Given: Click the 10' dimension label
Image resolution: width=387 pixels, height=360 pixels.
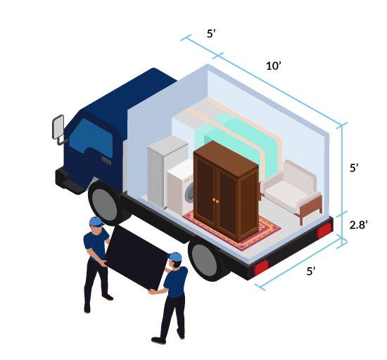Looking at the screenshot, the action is click(274, 66).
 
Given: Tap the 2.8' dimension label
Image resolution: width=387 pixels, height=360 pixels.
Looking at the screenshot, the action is click(358, 225).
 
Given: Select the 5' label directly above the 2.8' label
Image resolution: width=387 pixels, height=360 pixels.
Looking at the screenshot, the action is click(354, 168).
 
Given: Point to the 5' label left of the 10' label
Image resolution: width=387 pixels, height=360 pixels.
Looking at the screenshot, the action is click(211, 34).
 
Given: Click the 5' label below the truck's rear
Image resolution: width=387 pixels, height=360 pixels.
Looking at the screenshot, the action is click(311, 271).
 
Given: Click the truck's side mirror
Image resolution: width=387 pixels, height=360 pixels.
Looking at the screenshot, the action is click(58, 127).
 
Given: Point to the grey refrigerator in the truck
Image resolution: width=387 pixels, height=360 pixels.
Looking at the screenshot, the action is click(165, 170).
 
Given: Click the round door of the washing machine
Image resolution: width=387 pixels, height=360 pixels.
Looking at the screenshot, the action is click(189, 193).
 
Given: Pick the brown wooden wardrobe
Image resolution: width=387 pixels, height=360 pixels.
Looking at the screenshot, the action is click(226, 191).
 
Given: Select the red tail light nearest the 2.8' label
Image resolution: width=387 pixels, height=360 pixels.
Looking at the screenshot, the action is click(324, 230).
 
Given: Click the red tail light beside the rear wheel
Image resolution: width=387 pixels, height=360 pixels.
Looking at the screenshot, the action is click(260, 267).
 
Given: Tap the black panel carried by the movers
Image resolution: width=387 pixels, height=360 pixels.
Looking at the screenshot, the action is click(137, 258).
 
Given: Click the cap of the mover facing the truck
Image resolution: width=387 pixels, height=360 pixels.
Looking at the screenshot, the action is click(175, 257).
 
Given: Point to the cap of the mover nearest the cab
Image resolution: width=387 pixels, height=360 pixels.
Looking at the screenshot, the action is click(96, 221).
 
